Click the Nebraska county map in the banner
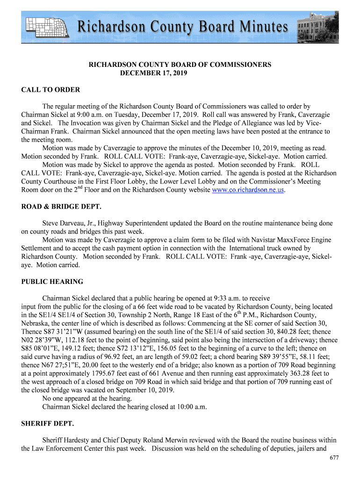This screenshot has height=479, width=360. [47, 27]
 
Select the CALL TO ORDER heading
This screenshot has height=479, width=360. [50, 90]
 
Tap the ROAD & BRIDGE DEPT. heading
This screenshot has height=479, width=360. [61, 207]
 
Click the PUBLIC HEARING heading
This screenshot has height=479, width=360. [52, 282]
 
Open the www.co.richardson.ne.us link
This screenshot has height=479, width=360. [248, 190]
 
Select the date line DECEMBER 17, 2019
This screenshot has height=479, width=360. [154, 73]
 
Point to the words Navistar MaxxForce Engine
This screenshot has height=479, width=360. [296, 240]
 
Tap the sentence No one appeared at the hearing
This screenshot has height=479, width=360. [87, 399]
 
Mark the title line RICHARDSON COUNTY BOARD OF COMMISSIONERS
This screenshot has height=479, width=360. [180, 65]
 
